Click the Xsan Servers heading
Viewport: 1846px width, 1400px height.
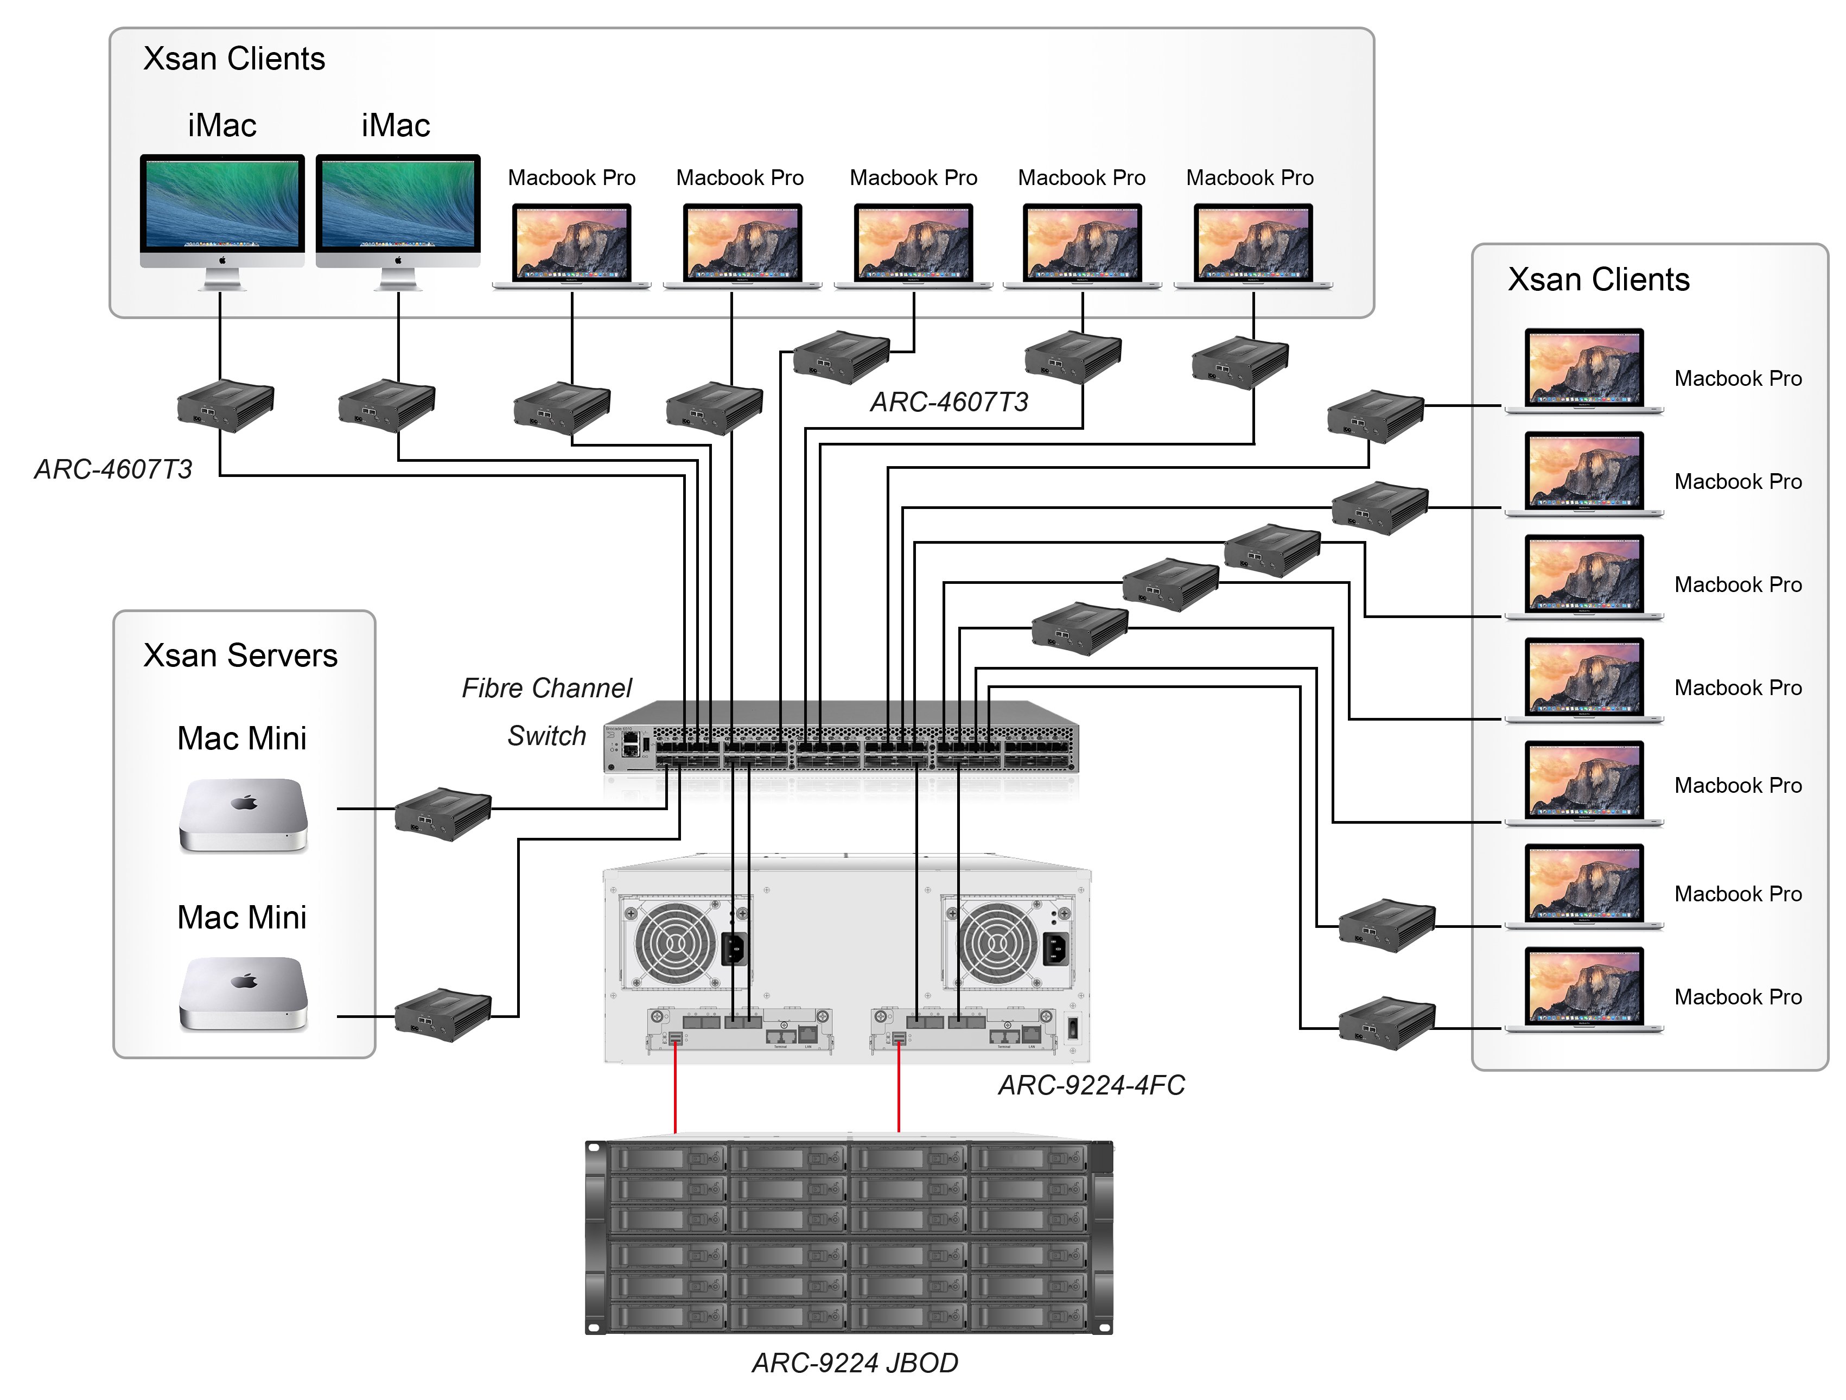(240, 656)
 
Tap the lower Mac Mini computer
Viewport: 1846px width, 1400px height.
(243, 993)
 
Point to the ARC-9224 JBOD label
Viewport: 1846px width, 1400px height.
(855, 1363)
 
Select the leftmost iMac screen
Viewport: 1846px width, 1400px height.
(222, 205)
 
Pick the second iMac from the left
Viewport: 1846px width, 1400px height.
(398, 205)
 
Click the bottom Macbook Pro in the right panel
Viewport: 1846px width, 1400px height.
(1584, 989)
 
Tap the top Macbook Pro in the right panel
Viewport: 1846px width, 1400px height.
(1584, 370)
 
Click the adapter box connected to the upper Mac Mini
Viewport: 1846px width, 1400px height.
(442, 813)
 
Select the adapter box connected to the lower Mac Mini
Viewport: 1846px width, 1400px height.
(442, 1015)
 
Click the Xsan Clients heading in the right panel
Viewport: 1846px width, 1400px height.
(1598, 279)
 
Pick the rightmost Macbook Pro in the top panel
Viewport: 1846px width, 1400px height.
(1252, 245)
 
